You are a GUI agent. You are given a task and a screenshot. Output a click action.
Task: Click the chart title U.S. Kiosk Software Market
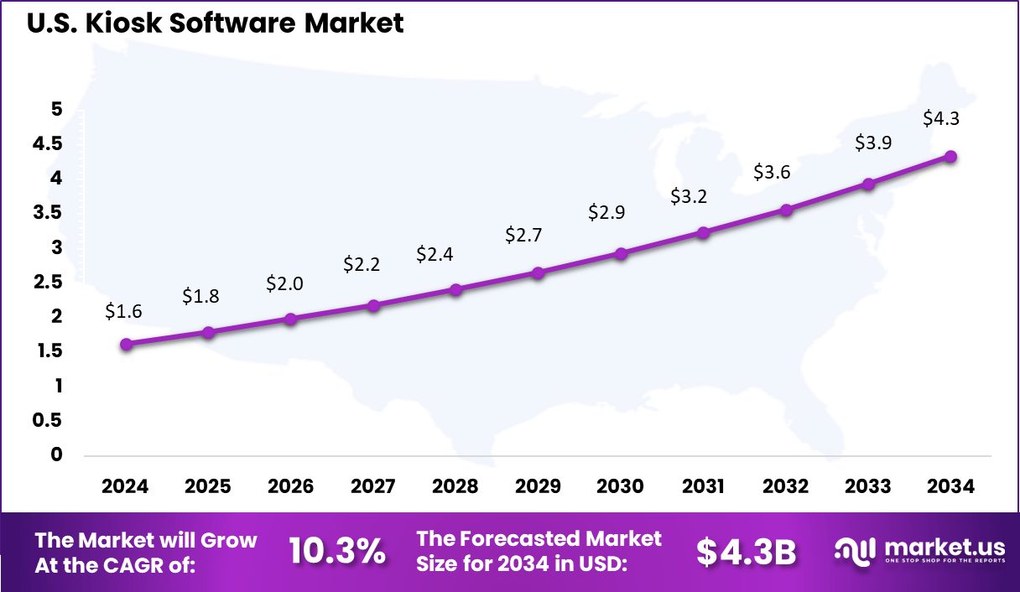pyautogui.click(x=216, y=23)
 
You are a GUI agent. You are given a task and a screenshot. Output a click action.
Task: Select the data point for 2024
pyautogui.click(x=126, y=344)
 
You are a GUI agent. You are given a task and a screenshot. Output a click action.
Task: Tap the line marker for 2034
pyautogui.click(x=950, y=157)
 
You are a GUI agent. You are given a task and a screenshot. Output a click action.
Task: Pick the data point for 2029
pyautogui.click(x=539, y=273)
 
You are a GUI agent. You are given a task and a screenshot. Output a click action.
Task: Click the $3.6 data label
pyautogui.click(x=771, y=172)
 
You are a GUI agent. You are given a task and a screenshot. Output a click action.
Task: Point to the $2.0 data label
pyautogui.click(x=284, y=283)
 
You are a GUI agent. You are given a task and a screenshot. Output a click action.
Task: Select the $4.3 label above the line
pyautogui.click(x=941, y=118)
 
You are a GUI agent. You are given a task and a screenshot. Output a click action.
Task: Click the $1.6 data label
pyautogui.click(x=123, y=311)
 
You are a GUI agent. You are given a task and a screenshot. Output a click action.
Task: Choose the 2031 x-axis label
pyautogui.click(x=703, y=486)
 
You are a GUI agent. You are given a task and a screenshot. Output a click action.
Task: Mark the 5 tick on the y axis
pyautogui.click(x=56, y=109)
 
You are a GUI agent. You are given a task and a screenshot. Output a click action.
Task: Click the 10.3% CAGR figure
pyautogui.click(x=337, y=551)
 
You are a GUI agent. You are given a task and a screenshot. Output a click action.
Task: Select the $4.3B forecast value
pyautogui.click(x=746, y=551)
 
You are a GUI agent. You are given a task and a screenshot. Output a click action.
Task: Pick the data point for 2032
pyautogui.click(x=786, y=210)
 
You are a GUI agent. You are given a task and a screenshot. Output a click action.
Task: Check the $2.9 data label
pyautogui.click(x=606, y=212)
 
